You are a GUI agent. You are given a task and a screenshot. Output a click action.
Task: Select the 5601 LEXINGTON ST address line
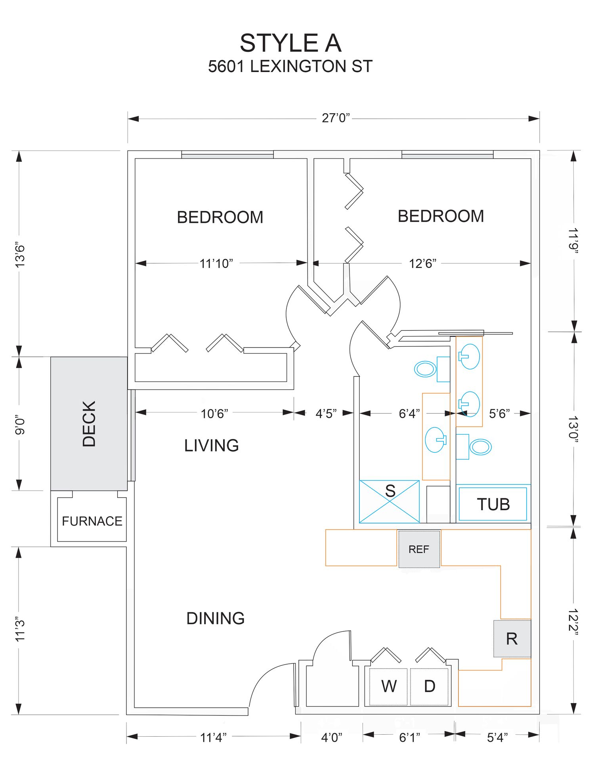point(290,66)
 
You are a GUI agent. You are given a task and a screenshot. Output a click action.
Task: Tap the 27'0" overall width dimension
point(336,118)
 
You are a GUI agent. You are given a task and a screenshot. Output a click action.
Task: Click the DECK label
point(89,424)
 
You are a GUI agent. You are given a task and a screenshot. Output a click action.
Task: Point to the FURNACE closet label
point(92,521)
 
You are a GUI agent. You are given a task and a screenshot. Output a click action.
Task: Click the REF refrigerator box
point(419,549)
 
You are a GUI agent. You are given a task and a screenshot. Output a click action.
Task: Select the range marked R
point(512,638)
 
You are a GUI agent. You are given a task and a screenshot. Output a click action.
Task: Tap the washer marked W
point(388,686)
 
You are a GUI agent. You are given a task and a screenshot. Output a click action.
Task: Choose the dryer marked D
point(430,686)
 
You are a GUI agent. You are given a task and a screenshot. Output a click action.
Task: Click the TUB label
point(493,504)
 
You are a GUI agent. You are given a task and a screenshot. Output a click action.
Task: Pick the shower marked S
point(389,502)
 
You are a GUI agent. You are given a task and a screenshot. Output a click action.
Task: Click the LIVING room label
point(212,446)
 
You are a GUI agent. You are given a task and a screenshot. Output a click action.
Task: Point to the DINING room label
point(216,618)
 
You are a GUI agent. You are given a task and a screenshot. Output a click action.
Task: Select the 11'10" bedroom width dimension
point(216,263)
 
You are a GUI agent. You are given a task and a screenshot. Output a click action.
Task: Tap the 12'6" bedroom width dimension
point(422,263)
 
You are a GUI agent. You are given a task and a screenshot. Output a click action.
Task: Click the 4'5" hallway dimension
point(326,414)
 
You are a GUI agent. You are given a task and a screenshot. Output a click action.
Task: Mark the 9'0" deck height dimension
point(20,425)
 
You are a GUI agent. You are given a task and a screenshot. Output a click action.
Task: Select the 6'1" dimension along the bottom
point(409,737)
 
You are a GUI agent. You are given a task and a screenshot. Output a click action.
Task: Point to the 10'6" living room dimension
point(214,414)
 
